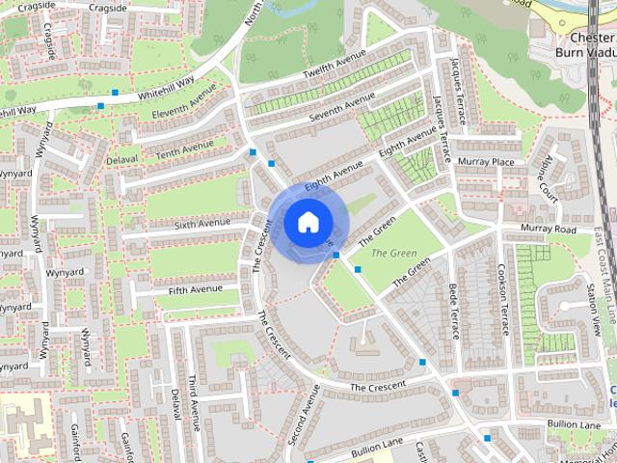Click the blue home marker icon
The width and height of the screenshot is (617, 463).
(307, 223)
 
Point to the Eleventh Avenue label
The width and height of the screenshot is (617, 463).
(184, 106)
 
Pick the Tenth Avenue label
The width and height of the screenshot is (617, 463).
(185, 149)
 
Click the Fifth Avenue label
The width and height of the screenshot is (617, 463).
(196, 288)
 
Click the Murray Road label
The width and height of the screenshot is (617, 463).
(548, 230)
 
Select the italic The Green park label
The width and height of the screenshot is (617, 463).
(389, 253)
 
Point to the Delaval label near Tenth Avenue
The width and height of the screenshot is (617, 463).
(122, 158)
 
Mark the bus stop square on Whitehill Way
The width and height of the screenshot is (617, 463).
(115, 93)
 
